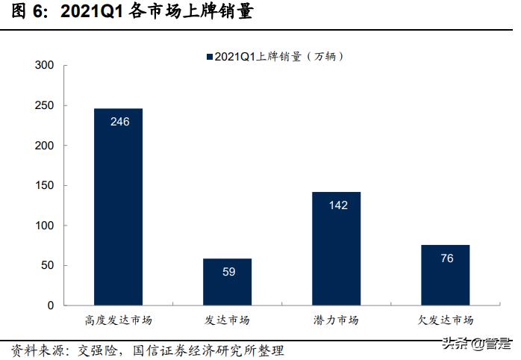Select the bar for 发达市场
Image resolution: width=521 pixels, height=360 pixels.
coord(228,284)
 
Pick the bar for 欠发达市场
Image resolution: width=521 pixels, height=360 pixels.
coord(445,276)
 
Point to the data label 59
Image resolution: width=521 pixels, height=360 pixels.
coord(228,271)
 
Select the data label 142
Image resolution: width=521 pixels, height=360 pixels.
coord(337,205)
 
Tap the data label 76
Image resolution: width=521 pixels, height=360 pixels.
coord(446,258)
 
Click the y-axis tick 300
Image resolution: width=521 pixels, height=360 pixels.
coord(44,66)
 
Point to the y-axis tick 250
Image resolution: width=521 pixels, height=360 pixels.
coord(44,106)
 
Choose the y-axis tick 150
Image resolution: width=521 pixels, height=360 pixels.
coord(44,186)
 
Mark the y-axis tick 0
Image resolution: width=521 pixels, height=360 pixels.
coord(51,305)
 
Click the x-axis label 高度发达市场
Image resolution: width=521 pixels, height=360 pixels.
coord(118,320)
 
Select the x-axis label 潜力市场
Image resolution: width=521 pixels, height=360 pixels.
coord(336,320)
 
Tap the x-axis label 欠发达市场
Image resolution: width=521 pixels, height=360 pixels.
coord(445,320)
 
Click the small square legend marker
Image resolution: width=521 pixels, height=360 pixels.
coord(209,57)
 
